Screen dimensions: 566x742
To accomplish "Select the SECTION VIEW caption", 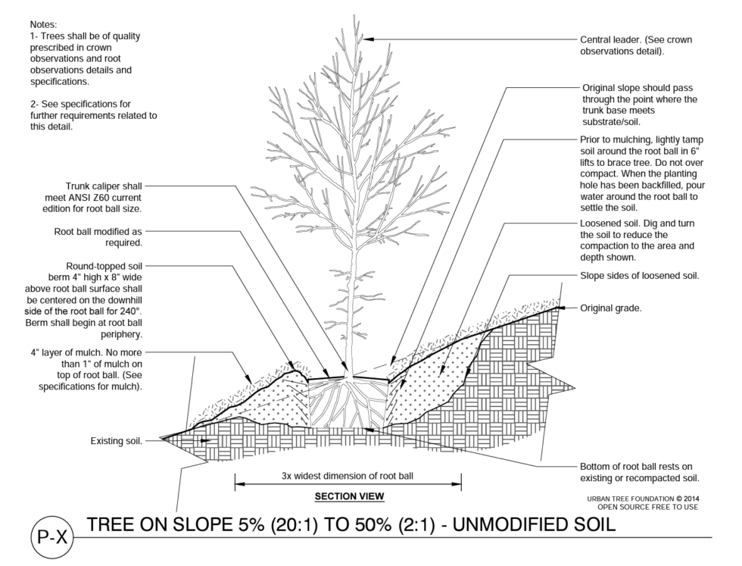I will pos(349,496).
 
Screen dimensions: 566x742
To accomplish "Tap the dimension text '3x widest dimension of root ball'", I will pos(348,477).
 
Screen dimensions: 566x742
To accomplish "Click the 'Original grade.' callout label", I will pos(611,308).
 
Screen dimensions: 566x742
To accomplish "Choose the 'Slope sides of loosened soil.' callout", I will pos(639,276).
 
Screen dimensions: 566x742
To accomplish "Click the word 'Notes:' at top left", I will pos(44,24).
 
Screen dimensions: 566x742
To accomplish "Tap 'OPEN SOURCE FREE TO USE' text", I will pos(647,507).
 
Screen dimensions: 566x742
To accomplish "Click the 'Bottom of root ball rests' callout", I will pos(635,467).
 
